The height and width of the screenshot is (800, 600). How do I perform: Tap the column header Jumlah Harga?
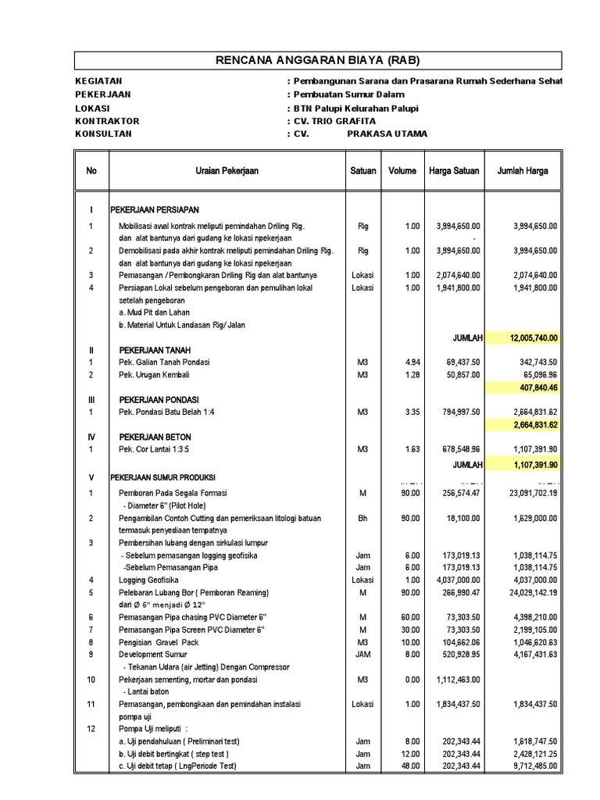pyautogui.click(x=523, y=170)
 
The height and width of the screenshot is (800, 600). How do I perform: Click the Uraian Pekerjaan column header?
pyautogui.click(x=227, y=170)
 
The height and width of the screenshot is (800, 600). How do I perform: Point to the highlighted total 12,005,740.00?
pyautogui.click(x=533, y=337)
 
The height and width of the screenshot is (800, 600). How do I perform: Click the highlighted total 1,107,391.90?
pyautogui.click(x=533, y=463)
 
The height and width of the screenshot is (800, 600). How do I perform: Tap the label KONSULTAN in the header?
pyautogui.click(x=103, y=134)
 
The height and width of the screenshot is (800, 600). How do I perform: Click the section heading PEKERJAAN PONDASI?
pyautogui.click(x=159, y=399)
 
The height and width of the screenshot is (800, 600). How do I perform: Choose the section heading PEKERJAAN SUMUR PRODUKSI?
pyautogui.click(x=163, y=477)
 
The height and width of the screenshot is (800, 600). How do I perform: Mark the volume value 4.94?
pyautogui.click(x=411, y=362)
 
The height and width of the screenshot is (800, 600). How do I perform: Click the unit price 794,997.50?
pyautogui.click(x=454, y=412)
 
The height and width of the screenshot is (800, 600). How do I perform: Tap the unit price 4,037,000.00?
pyautogui.click(x=453, y=580)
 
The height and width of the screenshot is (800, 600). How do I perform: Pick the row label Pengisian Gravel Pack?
pyautogui.click(x=159, y=642)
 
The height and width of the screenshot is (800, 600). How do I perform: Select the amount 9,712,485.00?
pyautogui.click(x=529, y=766)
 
